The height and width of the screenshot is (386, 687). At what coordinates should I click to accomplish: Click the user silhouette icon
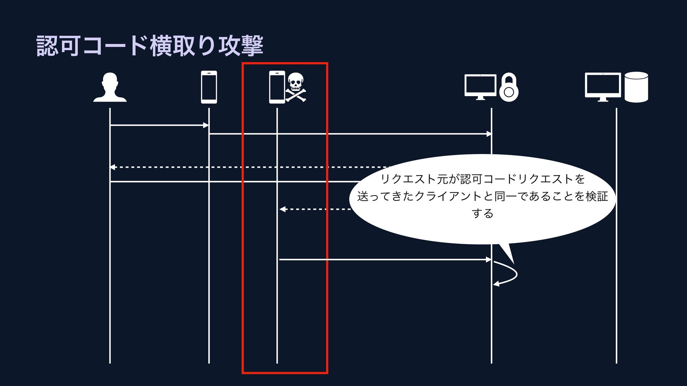click(x=110, y=88)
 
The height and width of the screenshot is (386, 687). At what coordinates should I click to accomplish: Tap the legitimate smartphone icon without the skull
click(x=209, y=87)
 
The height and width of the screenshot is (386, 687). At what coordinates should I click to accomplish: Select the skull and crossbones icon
click(x=296, y=88)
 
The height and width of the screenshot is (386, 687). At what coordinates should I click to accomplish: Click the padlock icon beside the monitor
click(x=509, y=88)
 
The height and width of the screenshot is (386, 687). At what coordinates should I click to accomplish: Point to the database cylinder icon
click(x=636, y=87)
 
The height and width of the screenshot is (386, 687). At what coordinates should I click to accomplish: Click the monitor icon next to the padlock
click(x=480, y=86)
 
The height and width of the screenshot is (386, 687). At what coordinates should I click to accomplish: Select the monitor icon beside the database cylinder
click(x=603, y=86)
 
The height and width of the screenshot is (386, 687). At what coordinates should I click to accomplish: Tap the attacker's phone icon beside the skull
click(x=277, y=87)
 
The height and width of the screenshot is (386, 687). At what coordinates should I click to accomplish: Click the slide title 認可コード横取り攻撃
click(x=150, y=46)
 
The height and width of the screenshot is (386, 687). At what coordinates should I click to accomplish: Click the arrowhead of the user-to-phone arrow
click(x=206, y=125)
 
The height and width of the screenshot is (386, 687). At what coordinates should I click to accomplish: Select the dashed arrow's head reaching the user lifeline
click(x=112, y=167)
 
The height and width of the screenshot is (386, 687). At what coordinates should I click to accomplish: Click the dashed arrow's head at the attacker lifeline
click(x=282, y=209)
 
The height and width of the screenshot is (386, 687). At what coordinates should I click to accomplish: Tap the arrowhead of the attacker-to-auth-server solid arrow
click(x=489, y=259)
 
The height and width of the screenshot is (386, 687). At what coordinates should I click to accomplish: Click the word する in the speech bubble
click(x=482, y=213)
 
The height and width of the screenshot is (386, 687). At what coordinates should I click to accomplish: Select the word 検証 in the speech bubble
click(x=597, y=196)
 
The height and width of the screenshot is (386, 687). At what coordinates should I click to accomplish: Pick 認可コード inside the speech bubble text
click(x=483, y=179)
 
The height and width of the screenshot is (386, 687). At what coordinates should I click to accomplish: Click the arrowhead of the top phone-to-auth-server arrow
click(x=489, y=134)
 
